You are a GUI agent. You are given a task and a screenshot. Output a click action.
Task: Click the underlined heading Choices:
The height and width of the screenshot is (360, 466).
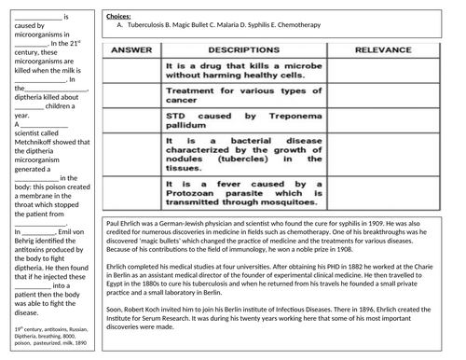pyautogui.click(x=118, y=18)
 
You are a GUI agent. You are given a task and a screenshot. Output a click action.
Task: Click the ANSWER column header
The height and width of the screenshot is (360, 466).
pyautogui.click(x=131, y=48)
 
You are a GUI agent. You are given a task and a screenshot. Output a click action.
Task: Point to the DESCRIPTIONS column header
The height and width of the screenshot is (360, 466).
pyautogui.click(x=239, y=48)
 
